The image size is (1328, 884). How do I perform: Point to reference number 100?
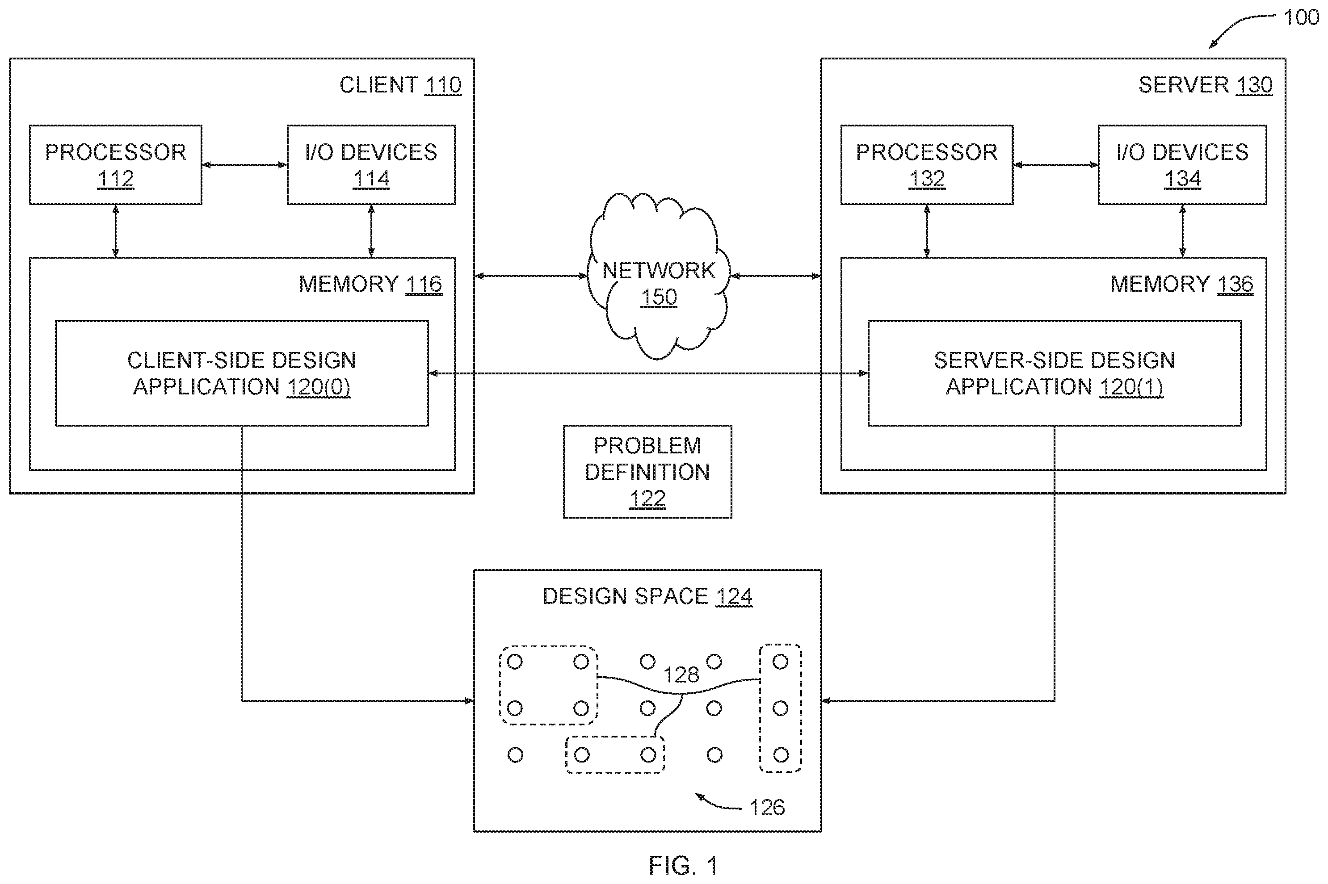pyautogui.click(x=1301, y=17)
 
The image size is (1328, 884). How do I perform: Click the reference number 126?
pyautogui.click(x=767, y=808)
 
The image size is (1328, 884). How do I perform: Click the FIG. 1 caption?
pyautogui.click(x=683, y=865)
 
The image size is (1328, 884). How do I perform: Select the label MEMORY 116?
pyautogui.click(x=370, y=284)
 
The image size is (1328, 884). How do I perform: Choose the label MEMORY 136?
pyautogui.click(x=1182, y=284)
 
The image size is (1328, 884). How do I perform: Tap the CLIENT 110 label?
pyautogui.click(x=400, y=85)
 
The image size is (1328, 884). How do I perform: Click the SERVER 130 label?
pyautogui.click(x=1206, y=85)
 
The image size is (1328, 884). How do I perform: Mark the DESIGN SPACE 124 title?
pyautogui.click(x=647, y=596)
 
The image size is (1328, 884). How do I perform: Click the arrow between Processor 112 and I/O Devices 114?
pyautogui.click(x=244, y=165)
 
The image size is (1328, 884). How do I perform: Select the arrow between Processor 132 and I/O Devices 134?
pyautogui.click(x=1055, y=165)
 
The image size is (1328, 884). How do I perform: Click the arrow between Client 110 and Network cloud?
pyautogui.click(x=531, y=276)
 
